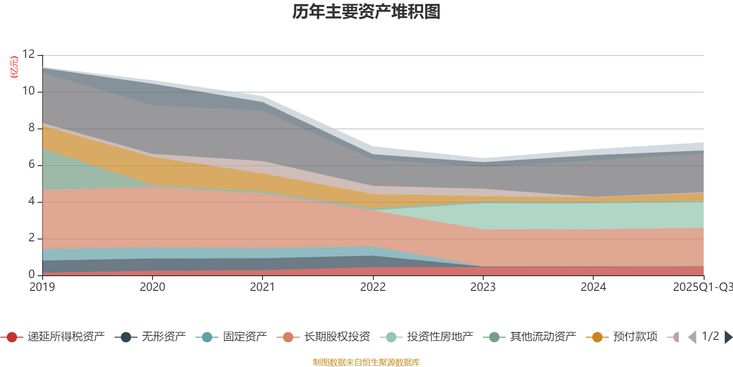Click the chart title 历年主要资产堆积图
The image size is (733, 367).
[x=366, y=12]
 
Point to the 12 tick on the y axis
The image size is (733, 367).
[x=28, y=55]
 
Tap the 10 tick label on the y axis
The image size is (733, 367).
[x=28, y=91]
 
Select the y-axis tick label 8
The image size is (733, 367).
[x=31, y=128]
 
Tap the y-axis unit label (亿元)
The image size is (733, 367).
[x=14, y=67]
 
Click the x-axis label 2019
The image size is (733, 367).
[x=42, y=287]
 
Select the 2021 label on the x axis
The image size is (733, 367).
[x=262, y=287]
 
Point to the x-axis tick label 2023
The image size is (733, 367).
[x=483, y=287]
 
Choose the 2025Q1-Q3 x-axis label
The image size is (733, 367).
[x=702, y=287]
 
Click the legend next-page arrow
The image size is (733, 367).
[x=728, y=337]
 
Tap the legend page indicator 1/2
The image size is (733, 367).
[x=710, y=336]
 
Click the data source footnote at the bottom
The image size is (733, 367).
[x=366, y=362]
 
